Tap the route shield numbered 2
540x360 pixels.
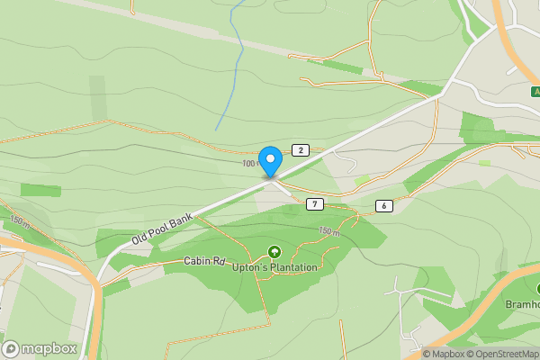tap(301, 149)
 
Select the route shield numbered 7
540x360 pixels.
tap(313, 204)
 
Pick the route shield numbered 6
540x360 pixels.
tap(384, 206)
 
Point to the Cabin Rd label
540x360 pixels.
tap(203, 261)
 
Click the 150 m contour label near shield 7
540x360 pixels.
tap(329, 231)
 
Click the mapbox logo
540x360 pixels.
tap(40, 348)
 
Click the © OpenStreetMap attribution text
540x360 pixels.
tap(503, 354)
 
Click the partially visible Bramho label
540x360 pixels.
tap(522, 304)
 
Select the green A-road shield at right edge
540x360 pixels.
tap(535, 91)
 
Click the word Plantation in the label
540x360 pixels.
tap(292, 268)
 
